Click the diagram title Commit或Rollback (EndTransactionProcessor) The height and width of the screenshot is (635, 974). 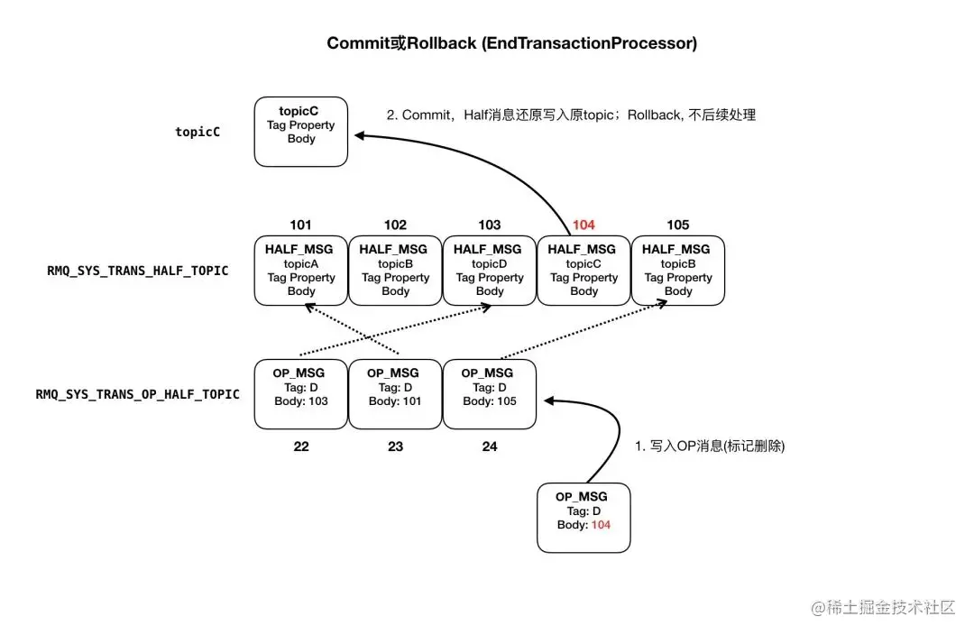511,43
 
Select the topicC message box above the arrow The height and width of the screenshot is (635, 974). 301,132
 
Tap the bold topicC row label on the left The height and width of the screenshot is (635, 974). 198,132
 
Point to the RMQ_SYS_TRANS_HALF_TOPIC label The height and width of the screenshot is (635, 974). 138,271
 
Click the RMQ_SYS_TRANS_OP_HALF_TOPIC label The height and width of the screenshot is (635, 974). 138,394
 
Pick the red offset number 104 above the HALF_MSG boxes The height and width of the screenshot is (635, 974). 583,225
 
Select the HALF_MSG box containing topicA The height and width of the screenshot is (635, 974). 301,271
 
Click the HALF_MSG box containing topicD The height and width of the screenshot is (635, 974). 490,271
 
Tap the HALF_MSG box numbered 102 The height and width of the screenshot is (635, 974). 395,271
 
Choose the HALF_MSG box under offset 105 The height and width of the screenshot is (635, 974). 678,271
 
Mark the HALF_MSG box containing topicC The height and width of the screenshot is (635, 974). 583,271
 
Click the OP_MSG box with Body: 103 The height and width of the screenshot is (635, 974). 301,394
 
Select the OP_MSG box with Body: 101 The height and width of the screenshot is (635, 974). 395,394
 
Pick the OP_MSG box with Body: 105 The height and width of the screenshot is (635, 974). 490,394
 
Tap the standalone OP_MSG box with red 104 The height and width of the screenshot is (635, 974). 583,518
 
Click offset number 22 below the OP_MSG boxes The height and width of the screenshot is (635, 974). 301,446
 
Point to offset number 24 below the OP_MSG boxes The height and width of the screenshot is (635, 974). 490,446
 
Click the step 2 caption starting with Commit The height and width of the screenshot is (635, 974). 571,115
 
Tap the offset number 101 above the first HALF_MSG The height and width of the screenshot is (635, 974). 301,225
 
